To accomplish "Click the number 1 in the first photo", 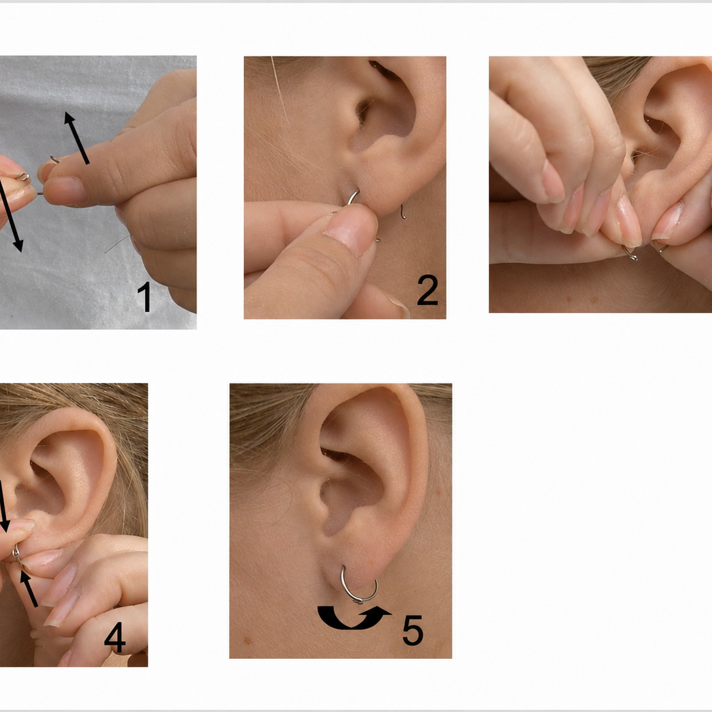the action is tap(144, 296).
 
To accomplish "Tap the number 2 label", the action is tap(427, 289).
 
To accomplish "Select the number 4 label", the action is tap(115, 637).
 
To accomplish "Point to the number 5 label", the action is tap(413, 629).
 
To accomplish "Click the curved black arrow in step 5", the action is tap(352, 621).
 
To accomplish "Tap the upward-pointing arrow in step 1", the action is tap(76, 138).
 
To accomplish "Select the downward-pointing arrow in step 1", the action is tap(10, 214).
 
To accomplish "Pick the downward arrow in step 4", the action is tap(4, 506).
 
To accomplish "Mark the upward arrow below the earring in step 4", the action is tap(28, 588).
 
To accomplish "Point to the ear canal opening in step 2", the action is tap(363, 113).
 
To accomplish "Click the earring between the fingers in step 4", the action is tap(17, 555).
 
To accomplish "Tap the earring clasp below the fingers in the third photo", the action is tap(631, 254).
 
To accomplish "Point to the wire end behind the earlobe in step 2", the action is tap(403, 212).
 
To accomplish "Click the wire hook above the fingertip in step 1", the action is tap(55, 159).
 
